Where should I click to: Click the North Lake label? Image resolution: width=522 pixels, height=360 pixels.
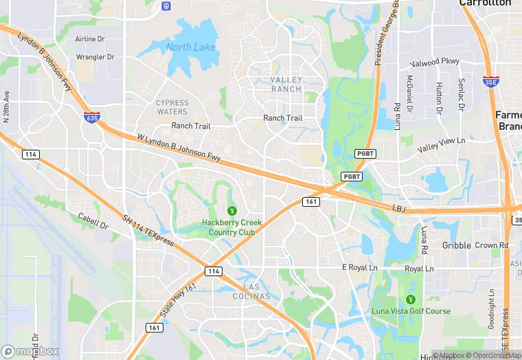(190, 47)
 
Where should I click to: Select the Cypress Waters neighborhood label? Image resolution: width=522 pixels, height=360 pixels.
(172, 107)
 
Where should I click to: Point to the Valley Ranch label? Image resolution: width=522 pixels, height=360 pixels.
(286, 85)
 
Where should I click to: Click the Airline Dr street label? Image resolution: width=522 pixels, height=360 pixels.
(90, 39)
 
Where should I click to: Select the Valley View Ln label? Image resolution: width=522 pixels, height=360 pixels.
(442, 140)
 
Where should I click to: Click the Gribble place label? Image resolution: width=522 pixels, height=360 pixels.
(457, 245)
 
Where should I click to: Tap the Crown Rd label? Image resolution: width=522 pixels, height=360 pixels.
(491, 245)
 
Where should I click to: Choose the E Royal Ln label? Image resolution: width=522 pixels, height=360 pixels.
(360, 267)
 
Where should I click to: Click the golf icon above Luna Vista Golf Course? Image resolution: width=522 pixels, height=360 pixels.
(411, 300)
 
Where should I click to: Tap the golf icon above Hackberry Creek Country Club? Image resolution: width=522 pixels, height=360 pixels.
(232, 210)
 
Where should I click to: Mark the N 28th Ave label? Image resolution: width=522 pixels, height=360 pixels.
(7, 106)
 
